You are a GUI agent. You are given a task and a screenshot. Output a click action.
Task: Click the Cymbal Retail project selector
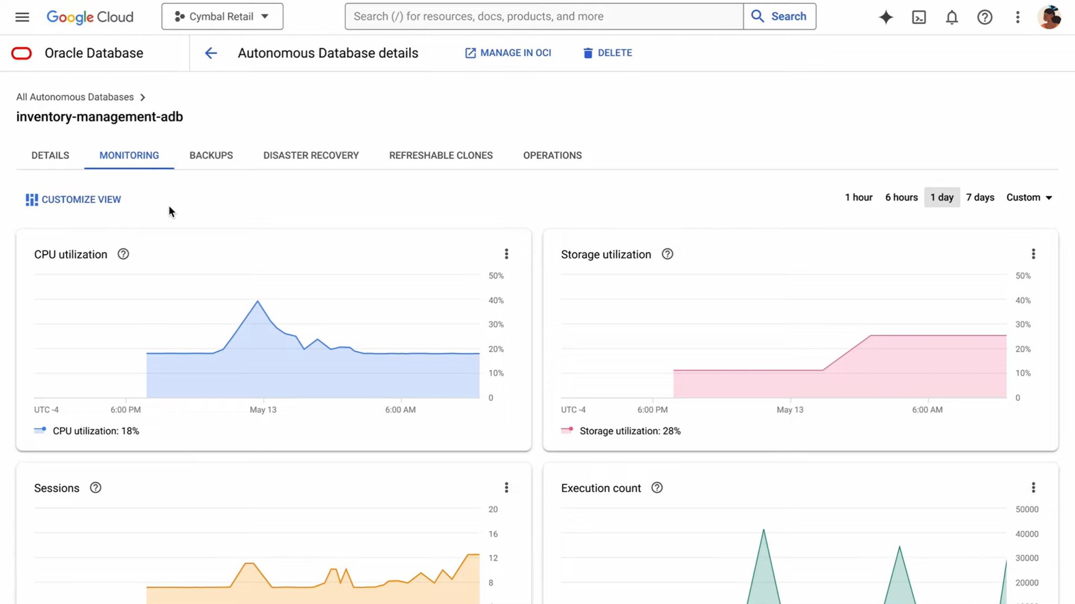pyautogui.click(x=222, y=17)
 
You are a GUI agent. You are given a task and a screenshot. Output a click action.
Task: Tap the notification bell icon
pyautogui.click(x=952, y=17)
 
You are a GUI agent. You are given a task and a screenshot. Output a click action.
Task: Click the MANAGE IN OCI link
pyautogui.click(x=508, y=53)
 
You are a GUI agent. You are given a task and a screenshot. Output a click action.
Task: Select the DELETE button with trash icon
pyautogui.click(x=607, y=53)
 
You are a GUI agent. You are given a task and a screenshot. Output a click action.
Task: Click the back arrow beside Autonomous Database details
pyautogui.click(x=210, y=53)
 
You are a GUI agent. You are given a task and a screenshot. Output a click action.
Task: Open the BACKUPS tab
pyautogui.click(x=211, y=155)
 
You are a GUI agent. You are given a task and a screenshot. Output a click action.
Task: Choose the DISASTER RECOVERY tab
pyautogui.click(x=311, y=155)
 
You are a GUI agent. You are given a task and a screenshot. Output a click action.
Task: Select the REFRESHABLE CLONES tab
pyautogui.click(x=440, y=155)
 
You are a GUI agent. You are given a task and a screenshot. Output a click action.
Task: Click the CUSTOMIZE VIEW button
pyautogui.click(x=73, y=199)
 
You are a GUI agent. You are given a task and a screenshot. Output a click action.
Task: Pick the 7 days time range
pyautogui.click(x=980, y=197)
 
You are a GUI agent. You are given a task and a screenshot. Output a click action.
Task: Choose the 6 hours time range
pyautogui.click(x=901, y=197)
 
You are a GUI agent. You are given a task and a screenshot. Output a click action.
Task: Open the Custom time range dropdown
pyautogui.click(x=1029, y=197)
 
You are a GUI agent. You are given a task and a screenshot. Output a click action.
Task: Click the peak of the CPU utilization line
pyautogui.click(x=257, y=301)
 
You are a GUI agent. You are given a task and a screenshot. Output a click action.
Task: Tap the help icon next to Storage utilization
pyautogui.click(x=667, y=254)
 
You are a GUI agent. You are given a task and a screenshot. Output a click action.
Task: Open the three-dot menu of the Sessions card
pyautogui.click(x=506, y=488)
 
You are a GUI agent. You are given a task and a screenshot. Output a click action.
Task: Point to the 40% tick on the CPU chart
pyautogui.click(x=496, y=300)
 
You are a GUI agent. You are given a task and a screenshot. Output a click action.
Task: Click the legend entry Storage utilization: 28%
pyautogui.click(x=629, y=431)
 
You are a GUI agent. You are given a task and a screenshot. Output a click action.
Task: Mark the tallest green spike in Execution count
pyautogui.click(x=763, y=530)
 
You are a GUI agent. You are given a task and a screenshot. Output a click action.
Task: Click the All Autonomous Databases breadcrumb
pyautogui.click(x=75, y=97)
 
